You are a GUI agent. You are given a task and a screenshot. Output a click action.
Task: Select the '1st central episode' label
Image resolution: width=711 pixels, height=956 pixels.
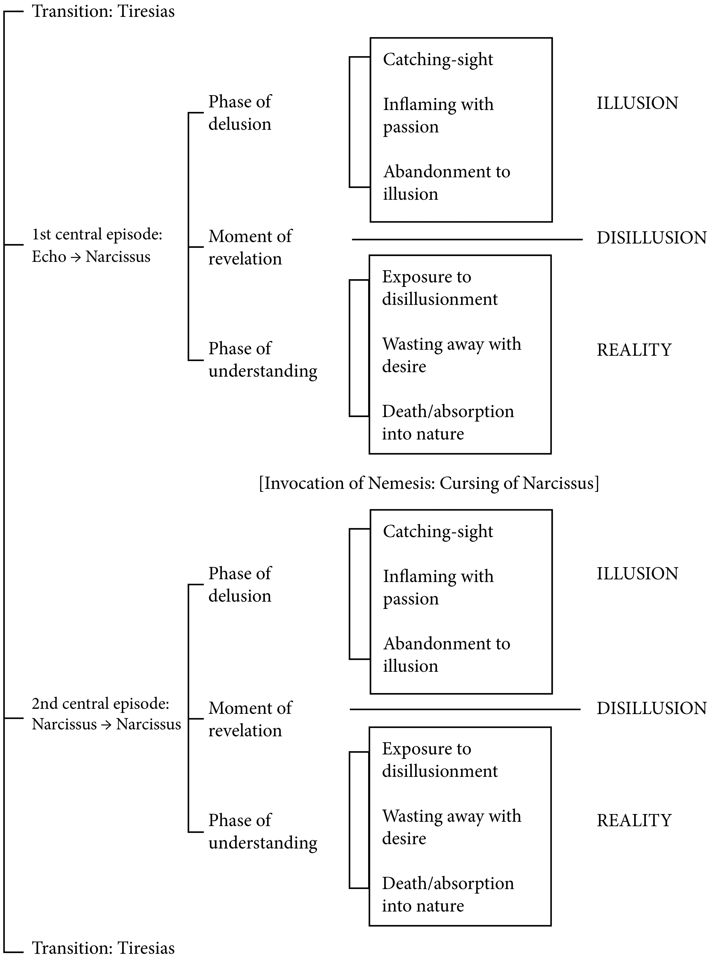click(97, 235)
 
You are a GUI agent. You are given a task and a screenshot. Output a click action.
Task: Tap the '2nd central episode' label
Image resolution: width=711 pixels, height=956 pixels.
click(100, 703)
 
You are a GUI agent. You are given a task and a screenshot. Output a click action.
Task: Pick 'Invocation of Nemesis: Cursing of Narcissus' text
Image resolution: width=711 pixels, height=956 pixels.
click(429, 483)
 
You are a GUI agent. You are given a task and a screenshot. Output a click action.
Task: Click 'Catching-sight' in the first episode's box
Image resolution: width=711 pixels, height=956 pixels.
click(438, 59)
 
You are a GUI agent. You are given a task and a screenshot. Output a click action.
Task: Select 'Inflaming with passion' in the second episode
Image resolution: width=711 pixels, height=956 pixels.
click(438, 587)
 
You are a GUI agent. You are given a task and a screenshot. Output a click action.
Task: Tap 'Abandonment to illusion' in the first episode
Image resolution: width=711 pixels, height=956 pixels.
click(446, 182)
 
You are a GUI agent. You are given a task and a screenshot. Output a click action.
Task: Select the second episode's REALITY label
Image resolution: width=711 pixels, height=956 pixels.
click(633, 821)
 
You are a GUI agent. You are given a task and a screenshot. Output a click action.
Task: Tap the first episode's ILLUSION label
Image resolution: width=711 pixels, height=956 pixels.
click(637, 103)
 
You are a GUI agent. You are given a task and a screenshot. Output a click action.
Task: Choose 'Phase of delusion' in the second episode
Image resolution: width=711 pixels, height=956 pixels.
click(240, 585)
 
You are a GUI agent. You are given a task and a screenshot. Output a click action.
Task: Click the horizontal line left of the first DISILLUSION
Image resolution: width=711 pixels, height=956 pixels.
click(467, 239)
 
